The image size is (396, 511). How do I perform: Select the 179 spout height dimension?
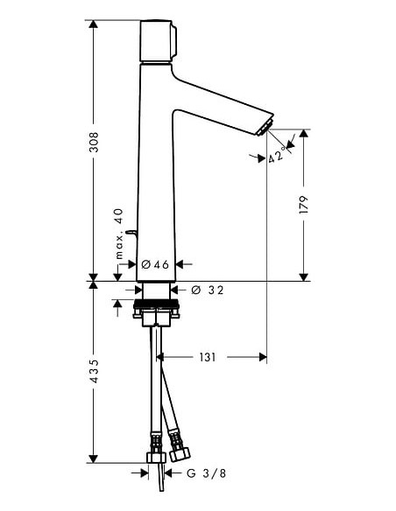(x=304, y=205)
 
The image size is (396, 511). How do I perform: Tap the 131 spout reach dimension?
(x=207, y=357)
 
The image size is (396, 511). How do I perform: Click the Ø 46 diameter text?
(x=155, y=263)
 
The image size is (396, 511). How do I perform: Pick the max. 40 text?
(x=119, y=235)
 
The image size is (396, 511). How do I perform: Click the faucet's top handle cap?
(x=159, y=41)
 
